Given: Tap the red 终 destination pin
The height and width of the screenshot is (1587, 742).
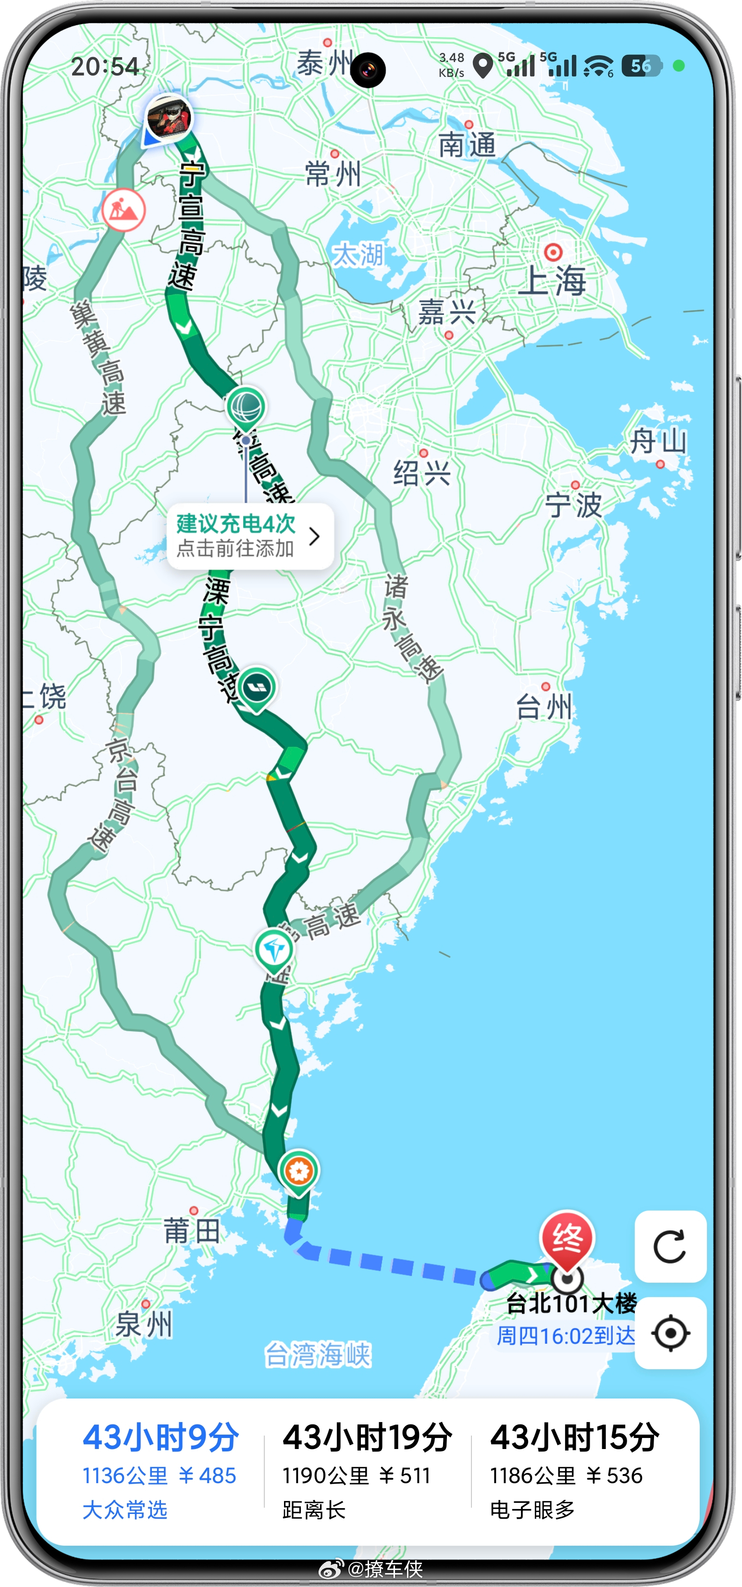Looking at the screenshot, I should pos(567,1239).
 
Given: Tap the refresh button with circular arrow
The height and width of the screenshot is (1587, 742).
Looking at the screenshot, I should pos(670,1246).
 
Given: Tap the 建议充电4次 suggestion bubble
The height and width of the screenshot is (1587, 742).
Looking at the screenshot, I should pos(250,536).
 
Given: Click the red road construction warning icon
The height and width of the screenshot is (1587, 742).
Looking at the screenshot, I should pos(123,210).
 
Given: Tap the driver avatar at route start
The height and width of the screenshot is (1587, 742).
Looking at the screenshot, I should pos(169,117).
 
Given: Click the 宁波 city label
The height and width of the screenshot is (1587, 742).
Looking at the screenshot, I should pos(573,505).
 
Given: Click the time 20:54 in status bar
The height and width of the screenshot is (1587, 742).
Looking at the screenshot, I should pos(105,66).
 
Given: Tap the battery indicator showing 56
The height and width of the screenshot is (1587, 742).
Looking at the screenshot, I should pos(641,66).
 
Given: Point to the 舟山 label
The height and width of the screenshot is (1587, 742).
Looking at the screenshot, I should pos(657,441).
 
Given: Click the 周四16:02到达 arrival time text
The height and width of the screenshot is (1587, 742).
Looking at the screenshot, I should pos(565,1336).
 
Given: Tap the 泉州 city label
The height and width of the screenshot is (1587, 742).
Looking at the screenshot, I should pos(144,1324).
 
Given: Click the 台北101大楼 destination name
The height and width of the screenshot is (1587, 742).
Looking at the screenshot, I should pos(571,1303).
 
